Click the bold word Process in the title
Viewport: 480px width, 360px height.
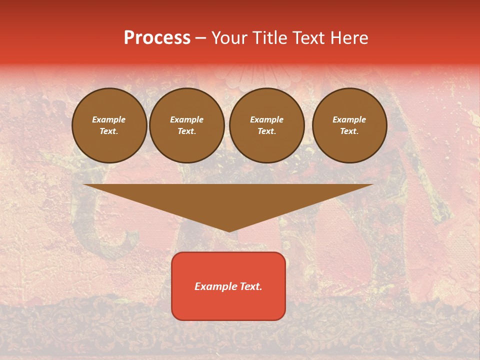[x=157, y=38]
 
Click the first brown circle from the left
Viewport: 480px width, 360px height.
[x=109, y=125]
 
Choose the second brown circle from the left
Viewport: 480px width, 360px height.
[x=187, y=125]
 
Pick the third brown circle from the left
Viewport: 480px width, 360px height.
[x=267, y=125]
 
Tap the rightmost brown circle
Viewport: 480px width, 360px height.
[x=349, y=125]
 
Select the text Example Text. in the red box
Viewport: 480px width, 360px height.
[x=228, y=286]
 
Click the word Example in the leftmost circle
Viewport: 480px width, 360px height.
[x=109, y=119]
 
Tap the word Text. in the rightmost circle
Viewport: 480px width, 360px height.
[x=349, y=131]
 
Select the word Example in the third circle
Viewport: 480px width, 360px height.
[x=266, y=119]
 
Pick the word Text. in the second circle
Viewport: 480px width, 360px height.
[x=187, y=131]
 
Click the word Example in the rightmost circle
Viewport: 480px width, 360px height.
[x=349, y=119]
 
